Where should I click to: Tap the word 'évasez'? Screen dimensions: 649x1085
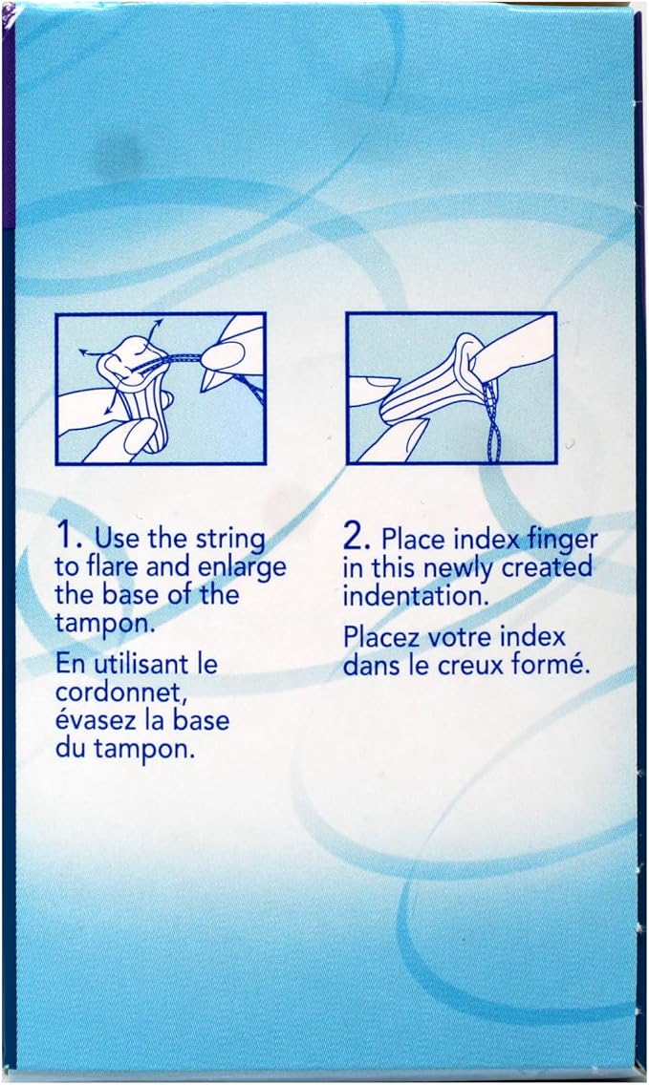click(97, 719)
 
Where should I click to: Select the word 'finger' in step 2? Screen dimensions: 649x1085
click(562, 540)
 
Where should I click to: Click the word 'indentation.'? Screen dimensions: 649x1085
click(416, 595)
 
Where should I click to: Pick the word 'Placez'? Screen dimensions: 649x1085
click(380, 637)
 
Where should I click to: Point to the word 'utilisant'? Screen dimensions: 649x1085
click(141, 665)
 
